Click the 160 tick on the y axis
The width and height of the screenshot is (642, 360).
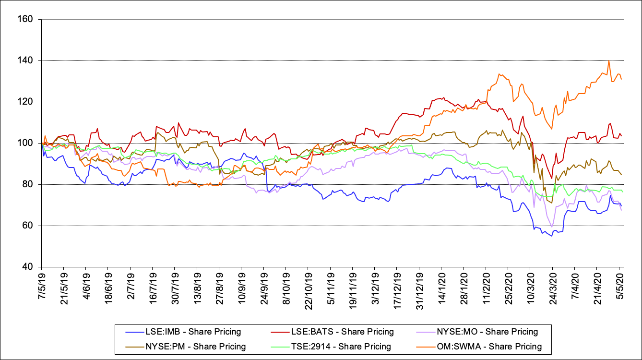pyautogui.click(x=26, y=20)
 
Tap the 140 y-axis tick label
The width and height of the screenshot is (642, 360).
pyautogui.click(x=26, y=61)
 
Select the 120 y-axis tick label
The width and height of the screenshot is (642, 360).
pyautogui.click(x=26, y=102)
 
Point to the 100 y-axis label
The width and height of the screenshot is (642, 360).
pyautogui.click(x=26, y=144)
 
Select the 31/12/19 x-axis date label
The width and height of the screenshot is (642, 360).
pyautogui.click(x=418, y=288)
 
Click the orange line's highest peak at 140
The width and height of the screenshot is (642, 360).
pyautogui.click(x=608, y=60)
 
